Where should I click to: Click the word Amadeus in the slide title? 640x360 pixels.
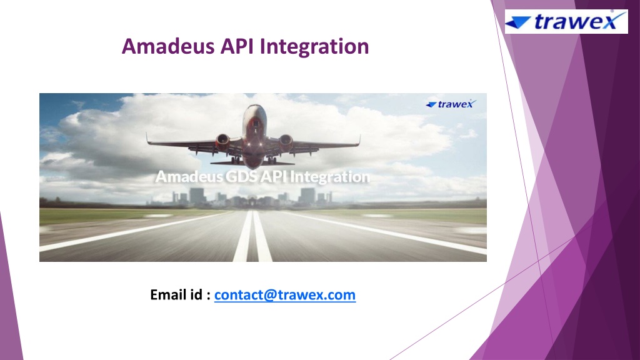(168, 46)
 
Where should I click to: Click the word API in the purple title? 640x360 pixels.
(237, 46)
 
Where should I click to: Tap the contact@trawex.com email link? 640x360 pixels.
(285, 295)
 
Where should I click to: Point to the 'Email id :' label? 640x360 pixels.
(181, 295)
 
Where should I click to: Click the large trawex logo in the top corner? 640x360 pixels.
(566, 21)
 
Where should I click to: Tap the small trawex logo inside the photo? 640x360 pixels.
(451, 104)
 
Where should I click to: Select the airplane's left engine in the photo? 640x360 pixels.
(222, 141)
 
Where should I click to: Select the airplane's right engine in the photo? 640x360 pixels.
(286, 142)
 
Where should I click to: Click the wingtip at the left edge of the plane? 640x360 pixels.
(147, 138)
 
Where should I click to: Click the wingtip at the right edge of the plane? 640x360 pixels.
(359, 139)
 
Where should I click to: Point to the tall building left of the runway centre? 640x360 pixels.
(197, 196)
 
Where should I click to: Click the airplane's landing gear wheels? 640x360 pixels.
(254, 161)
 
